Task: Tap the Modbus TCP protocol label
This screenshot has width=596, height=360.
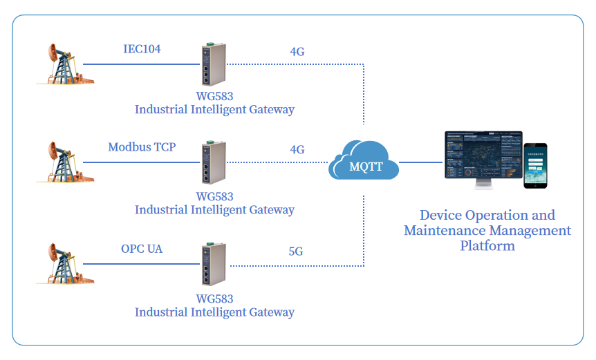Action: (142, 147)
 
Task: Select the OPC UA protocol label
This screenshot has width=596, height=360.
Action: (142, 249)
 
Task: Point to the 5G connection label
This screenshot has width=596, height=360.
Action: (296, 252)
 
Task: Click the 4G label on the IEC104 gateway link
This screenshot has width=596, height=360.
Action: (297, 52)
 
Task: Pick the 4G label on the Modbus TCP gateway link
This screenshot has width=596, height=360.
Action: (297, 150)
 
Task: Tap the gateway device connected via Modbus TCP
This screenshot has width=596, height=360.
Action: (210, 163)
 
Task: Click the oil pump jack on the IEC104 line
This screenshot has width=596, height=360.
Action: (63, 64)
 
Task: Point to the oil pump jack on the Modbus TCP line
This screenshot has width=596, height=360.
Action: (63, 162)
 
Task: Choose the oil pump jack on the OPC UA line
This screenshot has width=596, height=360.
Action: (63, 263)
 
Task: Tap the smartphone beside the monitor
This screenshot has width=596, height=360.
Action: (534, 166)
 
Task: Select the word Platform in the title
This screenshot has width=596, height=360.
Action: (487, 245)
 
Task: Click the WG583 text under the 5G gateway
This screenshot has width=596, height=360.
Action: (214, 299)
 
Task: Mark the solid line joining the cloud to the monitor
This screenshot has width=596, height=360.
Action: (421, 163)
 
